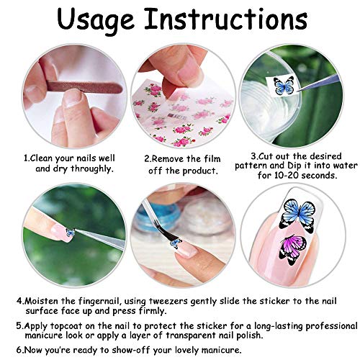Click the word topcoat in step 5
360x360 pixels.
click(60, 325)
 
